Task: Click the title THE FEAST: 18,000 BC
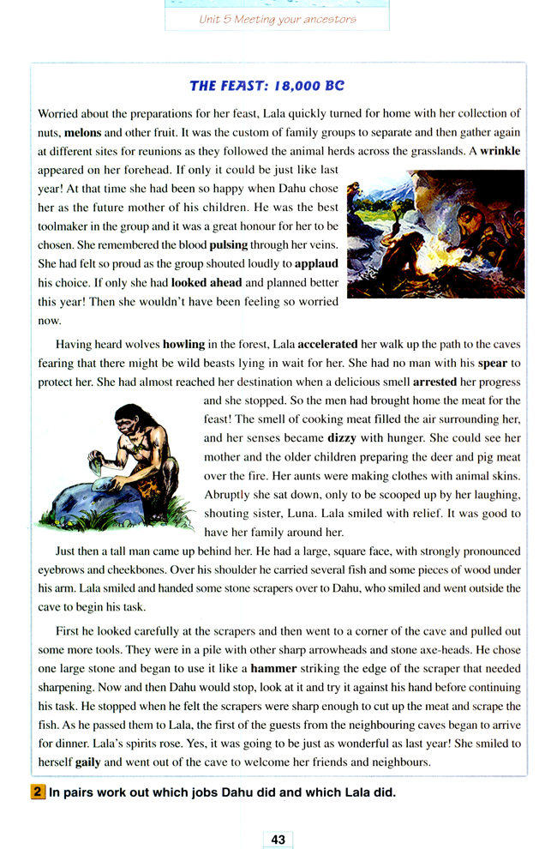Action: (267, 86)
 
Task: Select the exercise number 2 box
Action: (39, 792)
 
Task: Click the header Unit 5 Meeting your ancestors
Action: (277, 19)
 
